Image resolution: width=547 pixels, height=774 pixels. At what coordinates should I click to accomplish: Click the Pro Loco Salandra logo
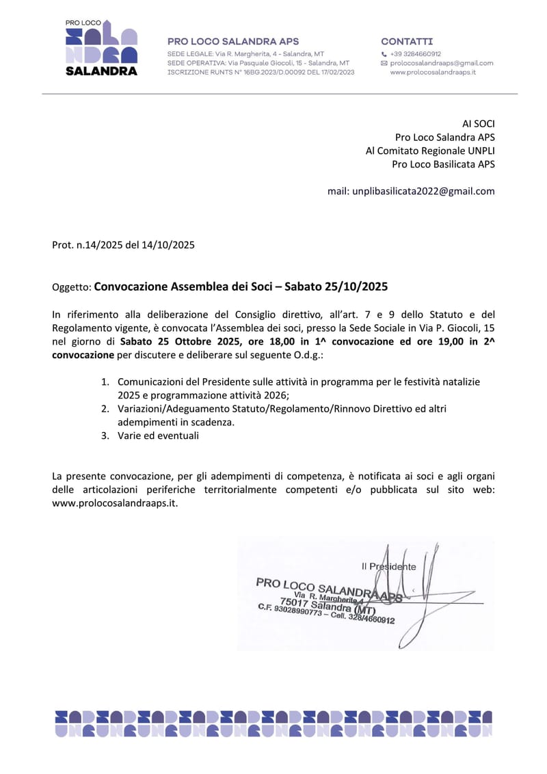[101, 47]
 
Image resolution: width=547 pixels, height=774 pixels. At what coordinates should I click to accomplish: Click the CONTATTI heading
[407, 42]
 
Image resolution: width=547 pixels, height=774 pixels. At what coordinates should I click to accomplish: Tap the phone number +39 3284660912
[415, 53]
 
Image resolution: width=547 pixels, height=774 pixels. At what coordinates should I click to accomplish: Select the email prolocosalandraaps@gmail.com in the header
[441, 63]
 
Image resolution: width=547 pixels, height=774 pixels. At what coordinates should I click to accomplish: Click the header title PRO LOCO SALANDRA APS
[233, 42]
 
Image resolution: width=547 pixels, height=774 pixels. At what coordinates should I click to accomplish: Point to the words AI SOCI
[478, 124]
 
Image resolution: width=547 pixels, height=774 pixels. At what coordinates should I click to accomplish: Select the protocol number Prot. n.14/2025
[88, 245]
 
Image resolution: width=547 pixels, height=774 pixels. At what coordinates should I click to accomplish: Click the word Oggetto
[70, 288]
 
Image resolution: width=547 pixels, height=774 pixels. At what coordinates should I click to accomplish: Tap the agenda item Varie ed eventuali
[158, 436]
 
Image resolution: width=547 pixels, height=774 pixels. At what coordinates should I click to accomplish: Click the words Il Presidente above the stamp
[388, 566]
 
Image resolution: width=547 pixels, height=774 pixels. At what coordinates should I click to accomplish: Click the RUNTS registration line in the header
[261, 72]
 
